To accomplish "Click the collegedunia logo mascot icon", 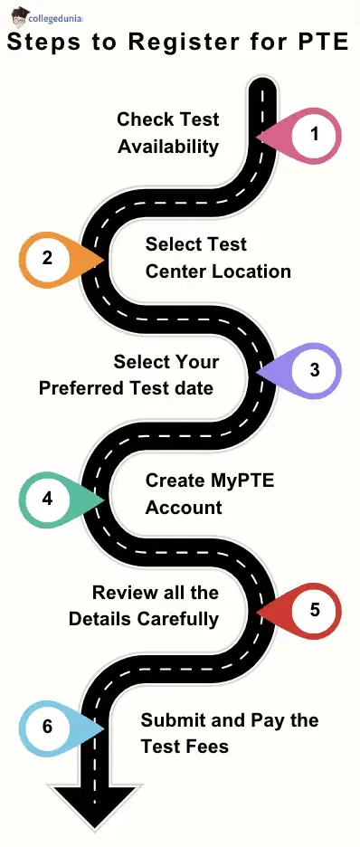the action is click(x=19, y=15).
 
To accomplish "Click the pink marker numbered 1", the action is click(x=312, y=135).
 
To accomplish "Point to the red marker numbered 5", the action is click(x=312, y=609).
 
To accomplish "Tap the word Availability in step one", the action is click(x=169, y=145).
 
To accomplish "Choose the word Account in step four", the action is click(x=184, y=507).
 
